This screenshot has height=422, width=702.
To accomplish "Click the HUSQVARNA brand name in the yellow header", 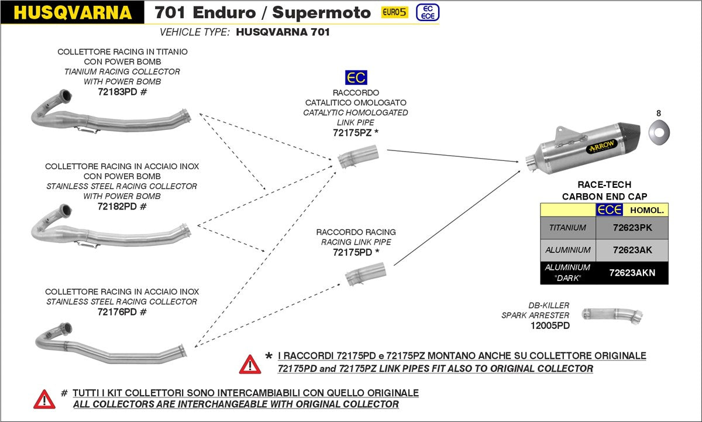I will pyautogui.click(x=72, y=13).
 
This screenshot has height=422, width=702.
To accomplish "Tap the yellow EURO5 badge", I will pyautogui.click(x=394, y=12).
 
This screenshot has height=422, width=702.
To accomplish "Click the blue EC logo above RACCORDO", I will pyautogui.click(x=356, y=77).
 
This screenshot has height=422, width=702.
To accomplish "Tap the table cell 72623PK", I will pyautogui.click(x=632, y=228).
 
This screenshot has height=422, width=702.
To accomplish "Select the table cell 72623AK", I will pyautogui.click(x=632, y=250).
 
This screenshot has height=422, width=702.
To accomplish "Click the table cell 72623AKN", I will pyautogui.click(x=632, y=273).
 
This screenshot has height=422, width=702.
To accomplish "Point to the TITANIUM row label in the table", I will pyautogui.click(x=567, y=228).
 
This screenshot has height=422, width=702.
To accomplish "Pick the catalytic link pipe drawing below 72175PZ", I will pyautogui.click(x=358, y=159).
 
